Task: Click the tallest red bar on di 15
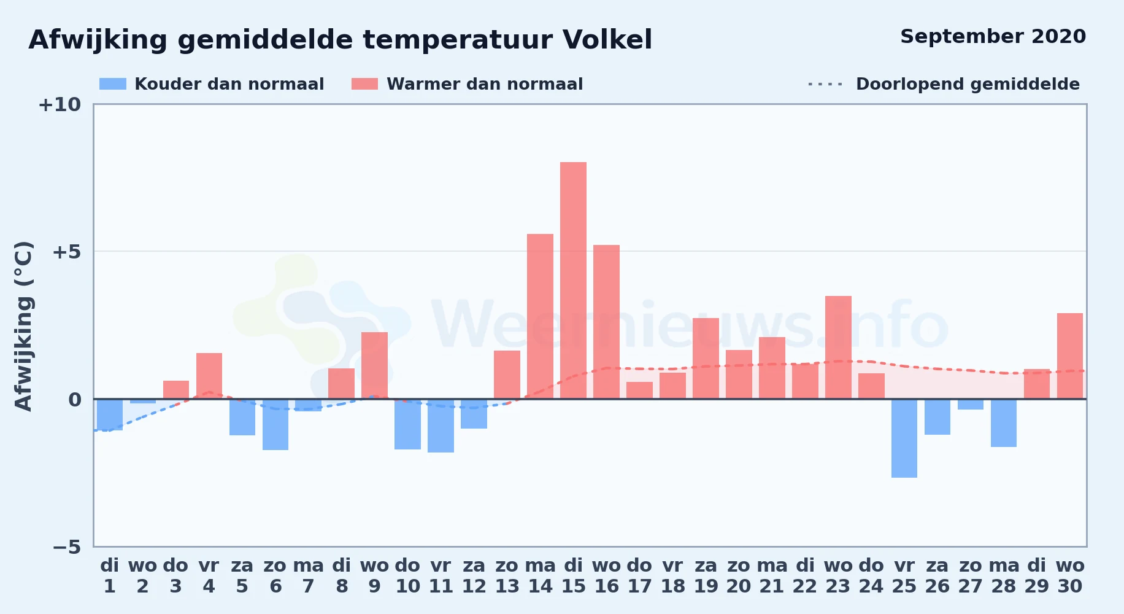coord(573,281)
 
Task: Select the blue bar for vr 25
coord(904,438)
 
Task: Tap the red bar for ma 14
coord(540,316)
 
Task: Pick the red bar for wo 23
coord(838,348)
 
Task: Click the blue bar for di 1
coord(110,414)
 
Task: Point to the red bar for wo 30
coord(1070,356)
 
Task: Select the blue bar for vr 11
coord(441,426)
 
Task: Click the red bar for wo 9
coord(374,365)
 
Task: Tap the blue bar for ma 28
coord(1004,423)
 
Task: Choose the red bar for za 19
coord(706,359)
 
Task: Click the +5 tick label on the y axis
coord(66,252)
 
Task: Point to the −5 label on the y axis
coord(66,547)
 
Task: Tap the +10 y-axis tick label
coord(60,104)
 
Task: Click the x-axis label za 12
coord(474,576)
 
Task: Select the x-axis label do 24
coord(871,576)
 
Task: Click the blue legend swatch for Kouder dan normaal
coord(113,84)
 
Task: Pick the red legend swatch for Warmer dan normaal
coord(365,84)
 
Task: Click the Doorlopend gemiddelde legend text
coord(968,84)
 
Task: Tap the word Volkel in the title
coord(607,40)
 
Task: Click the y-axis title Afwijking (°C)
coord(23,326)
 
